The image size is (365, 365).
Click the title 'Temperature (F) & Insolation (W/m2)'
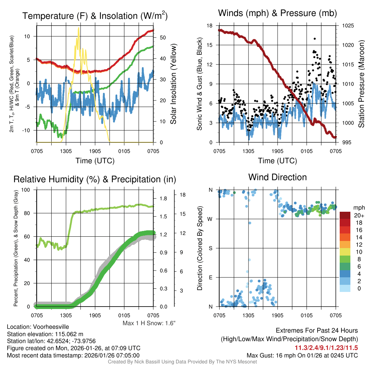click(95, 16)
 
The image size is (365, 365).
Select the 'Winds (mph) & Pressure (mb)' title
click(277, 14)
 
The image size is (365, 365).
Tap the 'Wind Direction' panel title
click(277, 177)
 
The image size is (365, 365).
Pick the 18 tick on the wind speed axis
click(210, 26)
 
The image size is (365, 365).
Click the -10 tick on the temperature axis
click(30, 130)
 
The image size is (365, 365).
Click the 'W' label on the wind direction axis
click(211, 219)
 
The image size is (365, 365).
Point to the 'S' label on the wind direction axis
click(211, 248)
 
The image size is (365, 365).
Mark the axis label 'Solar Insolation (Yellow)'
click(174, 84)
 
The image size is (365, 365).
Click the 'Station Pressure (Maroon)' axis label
click(361, 84)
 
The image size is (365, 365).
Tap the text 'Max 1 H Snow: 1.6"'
click(149, 323)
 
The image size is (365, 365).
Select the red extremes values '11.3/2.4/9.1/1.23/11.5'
click(326, 348)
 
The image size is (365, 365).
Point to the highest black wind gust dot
click(315, 38)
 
